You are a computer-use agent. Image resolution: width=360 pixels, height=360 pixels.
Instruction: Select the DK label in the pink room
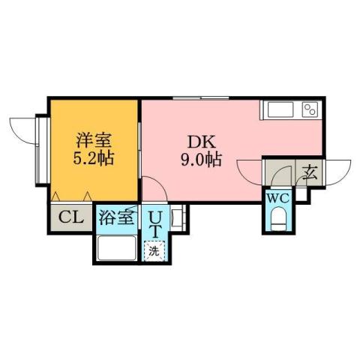(200, 139)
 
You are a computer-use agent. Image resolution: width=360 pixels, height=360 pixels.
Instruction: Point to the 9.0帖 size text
(200, 160)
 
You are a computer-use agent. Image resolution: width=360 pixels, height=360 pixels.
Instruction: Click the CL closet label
(70, 217)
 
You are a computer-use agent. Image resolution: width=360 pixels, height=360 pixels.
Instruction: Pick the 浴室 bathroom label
(116, 218)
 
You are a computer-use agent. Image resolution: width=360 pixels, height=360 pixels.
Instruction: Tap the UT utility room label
(155, 223)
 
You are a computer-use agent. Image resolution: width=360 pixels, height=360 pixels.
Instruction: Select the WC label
(277, 199)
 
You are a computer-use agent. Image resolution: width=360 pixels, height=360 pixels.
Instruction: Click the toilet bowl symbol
(277, 220)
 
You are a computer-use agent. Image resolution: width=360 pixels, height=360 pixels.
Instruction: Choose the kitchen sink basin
(280, 111)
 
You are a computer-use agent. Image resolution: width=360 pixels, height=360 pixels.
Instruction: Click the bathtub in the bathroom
(116, 247)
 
